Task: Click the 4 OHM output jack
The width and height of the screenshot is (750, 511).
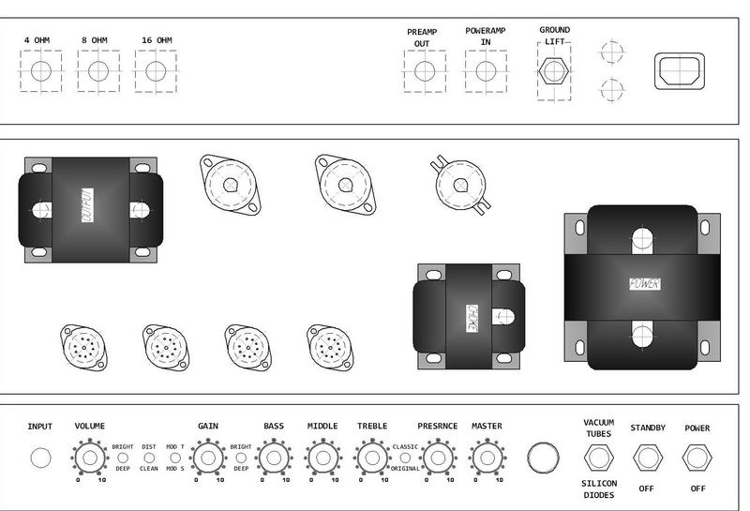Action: (x=40, y=71)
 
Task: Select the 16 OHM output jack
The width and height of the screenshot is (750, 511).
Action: (x=156, y=71)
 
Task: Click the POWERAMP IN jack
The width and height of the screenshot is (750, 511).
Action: (x=485, y=71)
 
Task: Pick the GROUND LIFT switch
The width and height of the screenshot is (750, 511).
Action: (x=554, y=71)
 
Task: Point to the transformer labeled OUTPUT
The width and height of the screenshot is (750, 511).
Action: (x=88, y=206)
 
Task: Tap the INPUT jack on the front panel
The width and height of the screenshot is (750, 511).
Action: (x=40, y=458)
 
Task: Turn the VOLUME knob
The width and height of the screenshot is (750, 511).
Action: (x=89, y=458)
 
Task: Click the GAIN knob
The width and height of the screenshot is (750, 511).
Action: (x=208, y=458)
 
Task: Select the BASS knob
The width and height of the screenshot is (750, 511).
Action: (x=274, y=458)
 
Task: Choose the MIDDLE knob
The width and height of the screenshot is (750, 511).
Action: (x=322, y=458)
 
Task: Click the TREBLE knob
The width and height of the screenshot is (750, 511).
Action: (x=372, y=458)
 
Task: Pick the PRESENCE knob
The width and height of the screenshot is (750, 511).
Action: (x=437, y=458)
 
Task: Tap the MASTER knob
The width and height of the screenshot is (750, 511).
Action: (x=487, y=458)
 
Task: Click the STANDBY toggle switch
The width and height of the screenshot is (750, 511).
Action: (x=647, y=458)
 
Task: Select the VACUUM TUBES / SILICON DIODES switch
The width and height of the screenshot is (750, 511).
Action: (x=598, y=458)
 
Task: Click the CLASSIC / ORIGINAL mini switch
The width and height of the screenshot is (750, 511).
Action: (x=405, y=458)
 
